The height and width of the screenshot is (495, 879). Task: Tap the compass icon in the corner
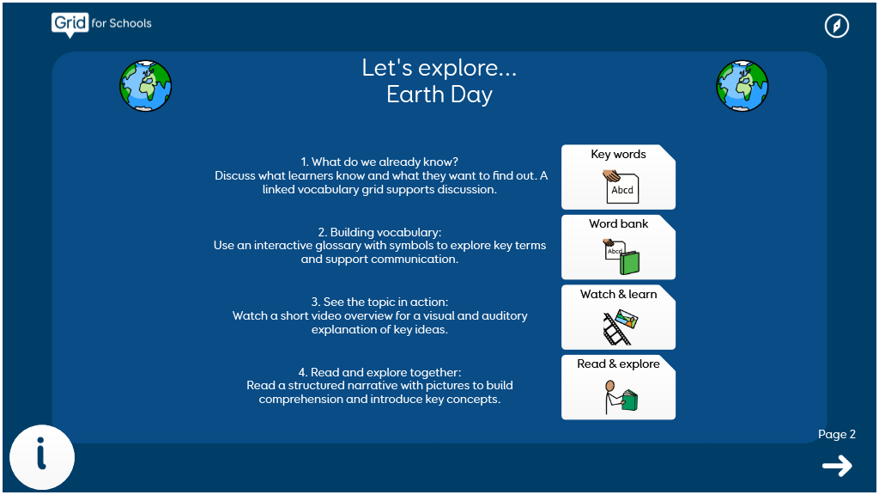coord(836,26)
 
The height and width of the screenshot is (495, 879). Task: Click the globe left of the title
coord(146,86)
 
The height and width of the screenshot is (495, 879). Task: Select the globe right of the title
coord(743,86)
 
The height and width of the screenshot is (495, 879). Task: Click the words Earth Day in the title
coord(439,95)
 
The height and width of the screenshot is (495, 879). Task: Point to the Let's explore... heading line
coord(439,67)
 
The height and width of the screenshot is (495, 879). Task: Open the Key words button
coord(618,177)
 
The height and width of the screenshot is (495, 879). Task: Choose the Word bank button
coord(618,247)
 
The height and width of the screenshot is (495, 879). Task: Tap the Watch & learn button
coord(618,317)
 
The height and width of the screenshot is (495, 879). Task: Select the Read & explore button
coord(618,388)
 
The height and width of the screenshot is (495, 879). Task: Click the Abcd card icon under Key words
coord(621,186)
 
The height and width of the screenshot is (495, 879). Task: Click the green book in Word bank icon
coord(629,263)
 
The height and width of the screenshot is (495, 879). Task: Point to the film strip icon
coord(615,331)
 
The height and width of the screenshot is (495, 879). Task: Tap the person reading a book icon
coord(621,397)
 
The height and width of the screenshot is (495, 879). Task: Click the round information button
coord(42,457)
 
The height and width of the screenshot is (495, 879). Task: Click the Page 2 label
coord(836,434)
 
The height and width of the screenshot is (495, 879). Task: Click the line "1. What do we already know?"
coord(379,162)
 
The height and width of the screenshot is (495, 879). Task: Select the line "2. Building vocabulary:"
coord(379,232)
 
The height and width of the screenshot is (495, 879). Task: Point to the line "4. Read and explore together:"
coord(379,372)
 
